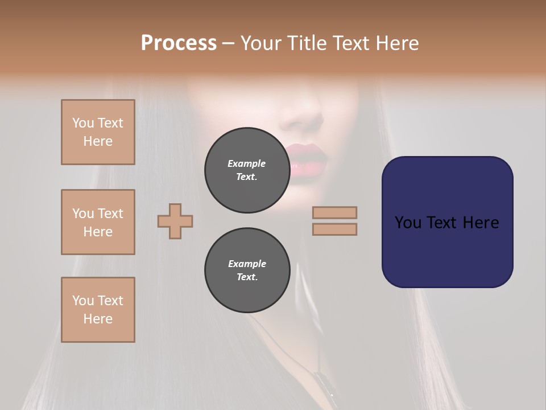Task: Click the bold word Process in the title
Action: point(179,43)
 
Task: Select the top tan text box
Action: point(98,132)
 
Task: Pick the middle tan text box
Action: point(98,222)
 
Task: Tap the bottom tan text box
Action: point(98,310)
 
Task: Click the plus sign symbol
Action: point(175,221)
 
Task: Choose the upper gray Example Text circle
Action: point(247,170)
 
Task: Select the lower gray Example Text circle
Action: point(247,270)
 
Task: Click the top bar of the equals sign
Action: point(335,212)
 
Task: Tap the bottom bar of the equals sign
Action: point(335,229)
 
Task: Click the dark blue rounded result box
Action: point(447,222)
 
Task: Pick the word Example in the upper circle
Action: point(247,163)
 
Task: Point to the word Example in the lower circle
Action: point(247,264)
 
